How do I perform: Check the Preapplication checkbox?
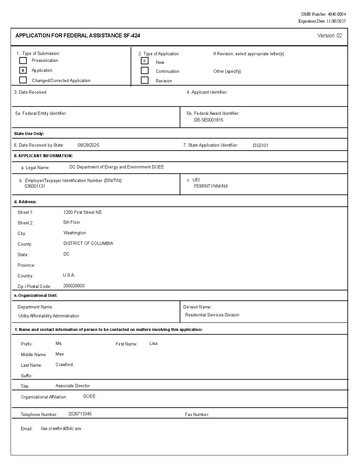(23, 61)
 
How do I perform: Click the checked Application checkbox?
(23, 70)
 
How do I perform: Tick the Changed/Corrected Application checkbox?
(23, 80)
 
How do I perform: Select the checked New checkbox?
(145, 61)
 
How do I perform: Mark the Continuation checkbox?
(145, 70)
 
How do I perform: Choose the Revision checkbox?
(145, 80)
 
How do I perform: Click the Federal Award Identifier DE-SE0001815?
(208, 120)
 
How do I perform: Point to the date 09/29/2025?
(88, 145)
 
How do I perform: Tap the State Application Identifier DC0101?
(261, 145)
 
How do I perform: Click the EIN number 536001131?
(35, 186)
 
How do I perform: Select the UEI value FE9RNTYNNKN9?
(211, 186)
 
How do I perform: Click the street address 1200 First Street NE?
(82, 212)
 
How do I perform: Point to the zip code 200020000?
(74, 286)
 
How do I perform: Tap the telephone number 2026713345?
(80, 414)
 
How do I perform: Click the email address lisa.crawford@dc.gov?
(61, 428)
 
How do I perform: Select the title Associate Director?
(72, 386)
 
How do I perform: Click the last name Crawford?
(64, 364)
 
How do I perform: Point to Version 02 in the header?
(330, 36)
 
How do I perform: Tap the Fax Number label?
(197, 414)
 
